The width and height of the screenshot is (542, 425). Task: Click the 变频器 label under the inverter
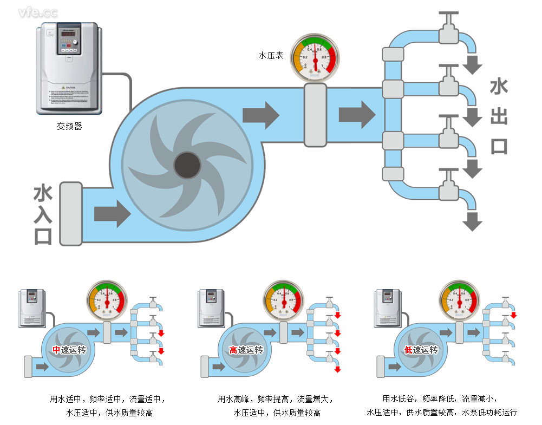(x=69, y=127)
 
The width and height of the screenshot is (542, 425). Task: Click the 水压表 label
(x=271, y=55)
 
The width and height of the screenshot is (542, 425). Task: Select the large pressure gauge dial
(x=315, y=57)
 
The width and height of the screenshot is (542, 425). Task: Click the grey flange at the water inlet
(x=70, y=213)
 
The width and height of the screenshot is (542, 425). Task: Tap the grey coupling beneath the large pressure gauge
(x=315, y=115)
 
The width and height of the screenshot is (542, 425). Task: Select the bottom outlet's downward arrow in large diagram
(x=472, y=221)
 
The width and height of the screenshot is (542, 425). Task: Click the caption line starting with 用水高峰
(x=276, y=399)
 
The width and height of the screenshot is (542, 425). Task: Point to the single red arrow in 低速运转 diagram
(x=513, y=315)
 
